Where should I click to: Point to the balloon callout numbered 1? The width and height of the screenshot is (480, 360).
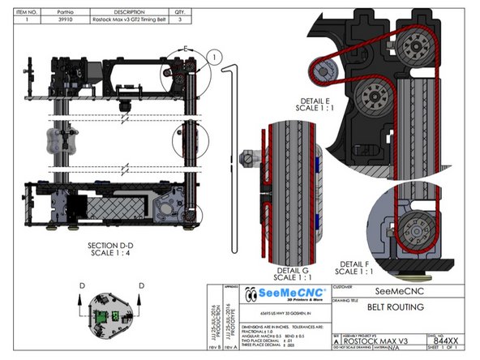pyautogui.click(x=213, y=55)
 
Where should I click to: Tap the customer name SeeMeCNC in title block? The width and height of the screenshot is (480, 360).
pyautogui.click(x=391, y=290)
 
